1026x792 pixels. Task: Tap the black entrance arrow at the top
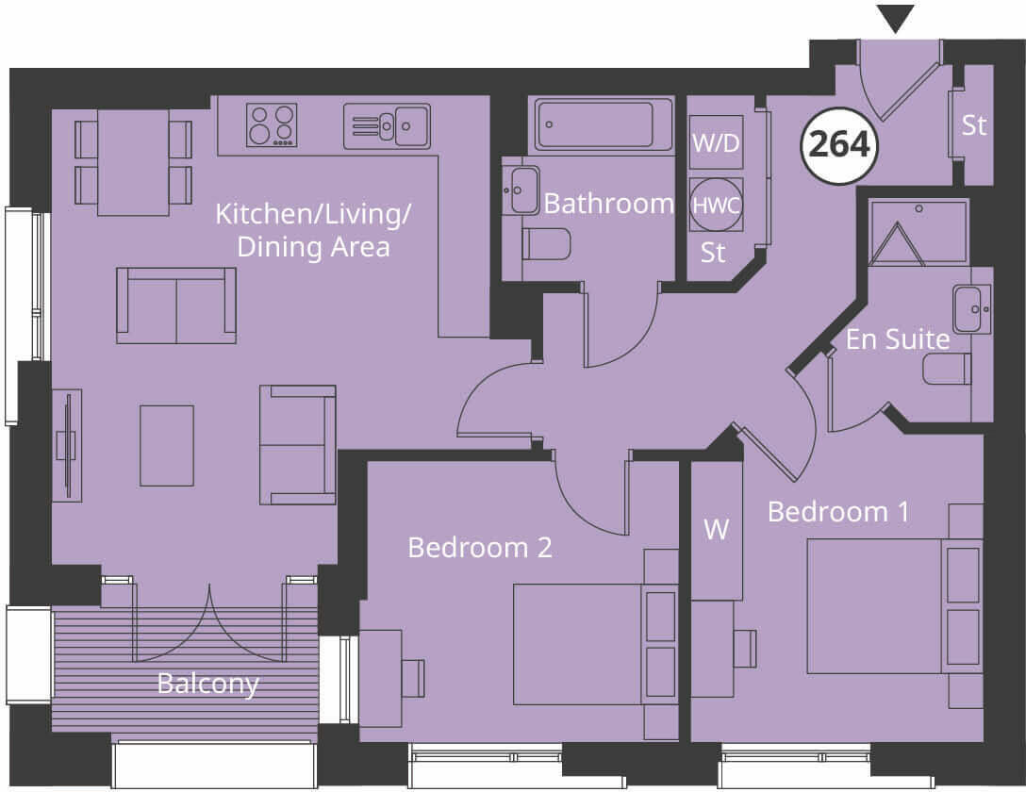895,18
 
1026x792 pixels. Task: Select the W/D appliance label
717,144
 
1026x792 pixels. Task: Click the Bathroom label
608,204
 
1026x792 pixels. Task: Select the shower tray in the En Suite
918,231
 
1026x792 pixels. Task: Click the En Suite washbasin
971,309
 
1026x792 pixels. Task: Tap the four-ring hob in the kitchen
272,124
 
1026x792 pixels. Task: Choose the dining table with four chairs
133,162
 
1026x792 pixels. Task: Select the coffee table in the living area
167,445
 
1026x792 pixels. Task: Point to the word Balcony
207,683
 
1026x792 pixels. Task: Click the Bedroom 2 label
479,547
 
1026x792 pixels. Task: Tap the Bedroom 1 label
838,512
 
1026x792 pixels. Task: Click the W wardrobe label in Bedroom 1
717,530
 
